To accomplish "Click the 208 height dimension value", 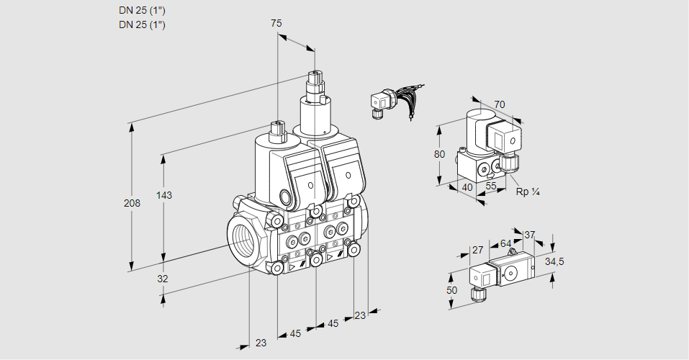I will pos(132,203).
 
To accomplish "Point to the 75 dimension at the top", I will pos(276,23).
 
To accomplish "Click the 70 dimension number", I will pos(500,104).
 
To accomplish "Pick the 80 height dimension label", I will pos(440,153).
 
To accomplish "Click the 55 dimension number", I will pos(491,186).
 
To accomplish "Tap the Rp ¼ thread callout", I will pos(528,192).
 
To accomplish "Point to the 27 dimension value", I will pos(477,250).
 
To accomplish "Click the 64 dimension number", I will pos(505,243).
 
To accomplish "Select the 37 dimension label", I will pos(529,235).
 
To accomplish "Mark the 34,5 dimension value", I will pos(554,261).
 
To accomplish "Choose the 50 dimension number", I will pos(451,290).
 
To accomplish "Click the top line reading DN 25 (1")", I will pos(142,10).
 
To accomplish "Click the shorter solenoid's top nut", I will pos(277,132).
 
